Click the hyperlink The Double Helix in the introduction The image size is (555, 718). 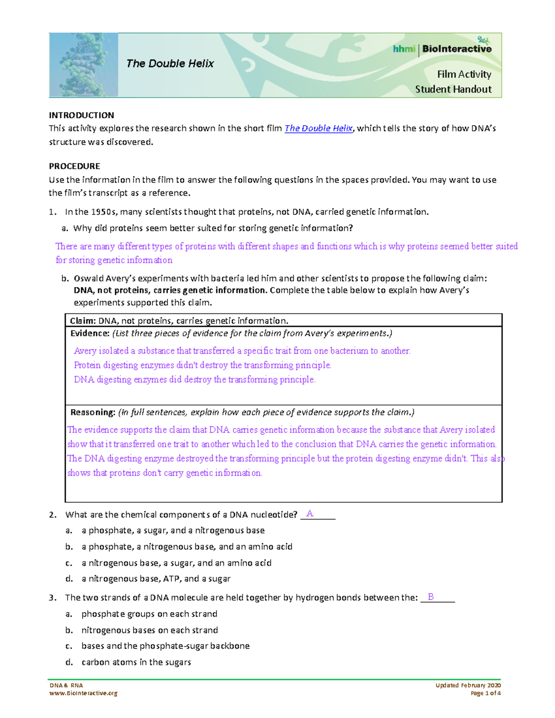318,129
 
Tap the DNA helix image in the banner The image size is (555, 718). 83,65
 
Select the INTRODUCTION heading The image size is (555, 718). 81,115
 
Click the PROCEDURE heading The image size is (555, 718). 74,166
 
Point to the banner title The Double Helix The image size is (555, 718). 170,64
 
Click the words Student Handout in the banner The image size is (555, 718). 453,89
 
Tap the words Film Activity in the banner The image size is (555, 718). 464,74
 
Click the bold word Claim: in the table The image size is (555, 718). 83,321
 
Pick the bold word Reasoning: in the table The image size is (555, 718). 92,412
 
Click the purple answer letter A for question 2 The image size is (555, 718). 310,514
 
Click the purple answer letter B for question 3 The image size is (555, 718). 431,597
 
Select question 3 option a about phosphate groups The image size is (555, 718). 149,614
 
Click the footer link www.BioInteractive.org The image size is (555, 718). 83,693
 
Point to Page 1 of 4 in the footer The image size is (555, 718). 486,693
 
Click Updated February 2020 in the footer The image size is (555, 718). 468,685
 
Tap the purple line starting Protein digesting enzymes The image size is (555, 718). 203,365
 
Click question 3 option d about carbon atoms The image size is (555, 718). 136,662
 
